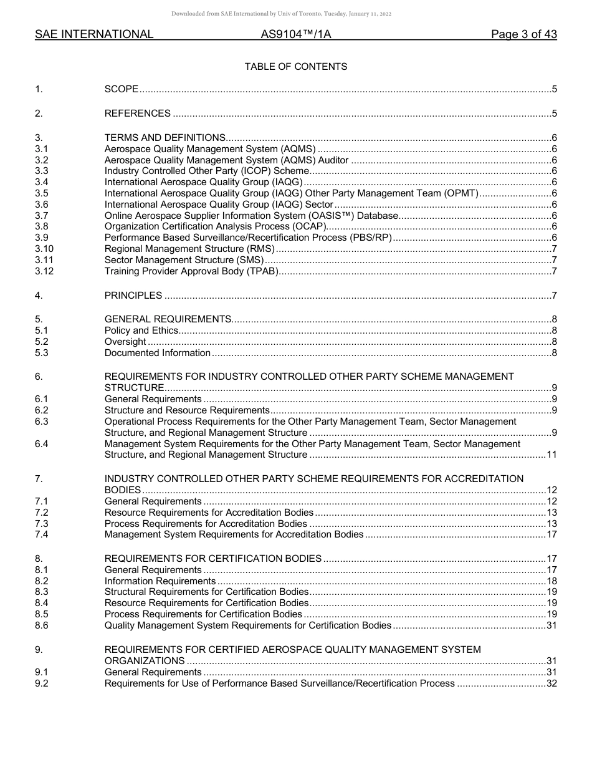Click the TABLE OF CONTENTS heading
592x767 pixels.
295,67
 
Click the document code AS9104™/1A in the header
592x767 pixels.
295,34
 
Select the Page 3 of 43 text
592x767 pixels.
523,34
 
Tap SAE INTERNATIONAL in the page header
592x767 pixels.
94,34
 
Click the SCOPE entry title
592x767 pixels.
122,89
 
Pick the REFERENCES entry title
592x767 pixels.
138,113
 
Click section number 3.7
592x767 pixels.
42,216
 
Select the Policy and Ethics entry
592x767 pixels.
141,330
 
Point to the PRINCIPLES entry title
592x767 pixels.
133,296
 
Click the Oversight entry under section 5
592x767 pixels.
125,342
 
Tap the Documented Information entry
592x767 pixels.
158,353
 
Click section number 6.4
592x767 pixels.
42,444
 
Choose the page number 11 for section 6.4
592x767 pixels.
551,455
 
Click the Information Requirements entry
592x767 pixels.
160,581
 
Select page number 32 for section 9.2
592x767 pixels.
551,683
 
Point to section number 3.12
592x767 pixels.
44,271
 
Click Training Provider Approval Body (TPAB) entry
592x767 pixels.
191,271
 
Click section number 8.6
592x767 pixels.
42,625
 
